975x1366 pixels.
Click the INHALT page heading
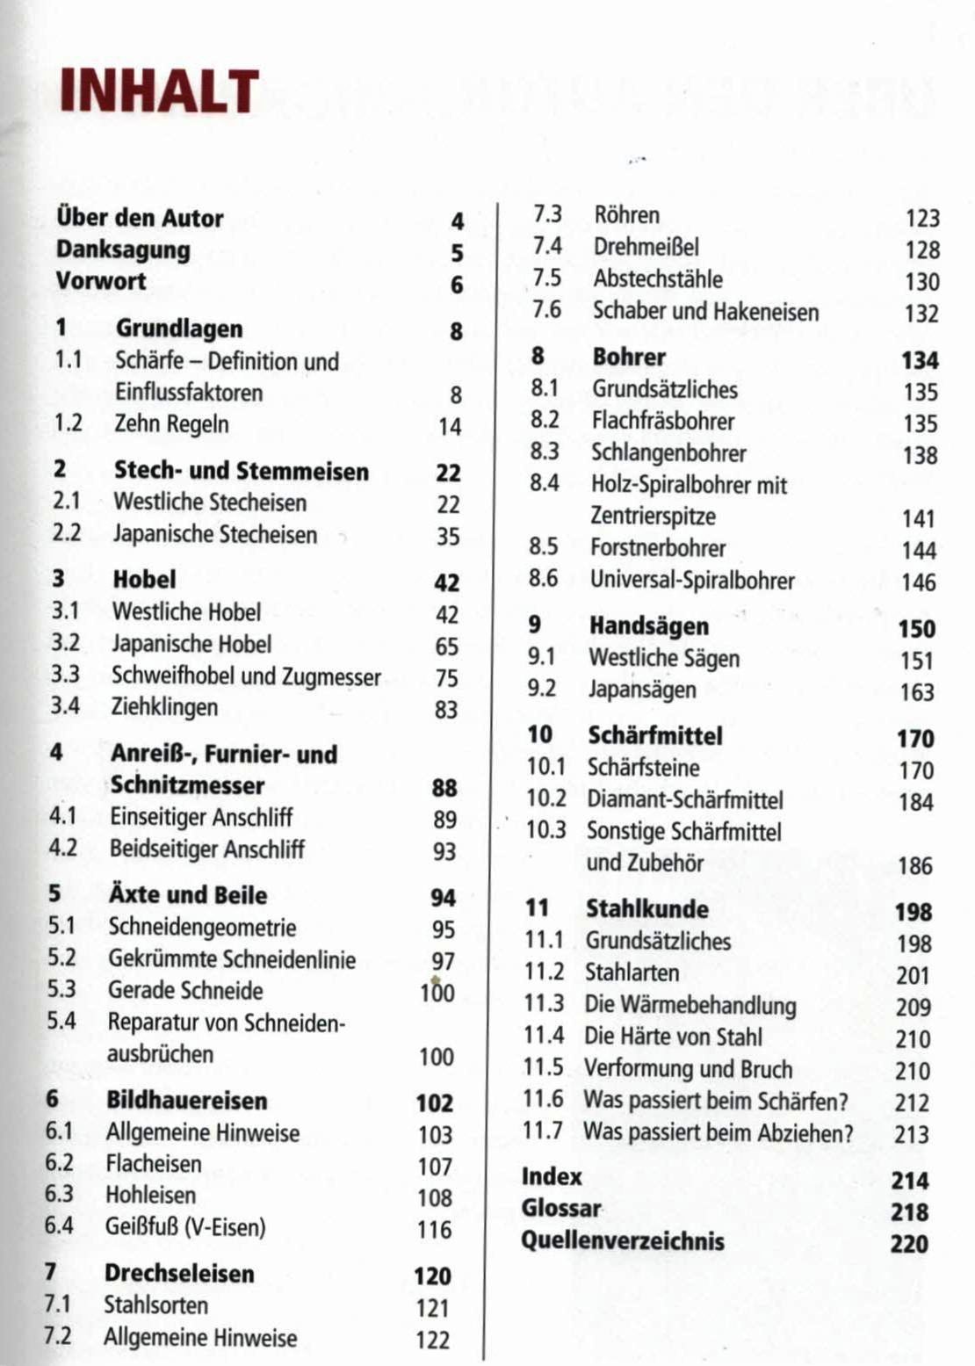click(x=159, y=91)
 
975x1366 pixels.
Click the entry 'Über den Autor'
click(x=140, y=218)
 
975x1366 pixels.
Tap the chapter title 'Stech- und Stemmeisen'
click(x=242, y=471)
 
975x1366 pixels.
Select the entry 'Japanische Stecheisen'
click(x=215, y=534)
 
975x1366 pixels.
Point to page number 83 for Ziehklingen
click(x=446, y=709)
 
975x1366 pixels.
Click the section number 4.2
click(x=63, y=849)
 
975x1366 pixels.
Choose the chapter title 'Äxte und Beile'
click(x=188, y=895)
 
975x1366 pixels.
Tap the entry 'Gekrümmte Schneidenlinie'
click(x=232, y=958)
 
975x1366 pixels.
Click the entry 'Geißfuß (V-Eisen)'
click(x=185, y=1226)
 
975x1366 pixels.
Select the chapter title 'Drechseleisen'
click(x=179, y=1273)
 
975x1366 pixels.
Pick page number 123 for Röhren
click(x=922, y=218)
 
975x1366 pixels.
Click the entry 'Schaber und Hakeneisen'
click(x=705, y=311)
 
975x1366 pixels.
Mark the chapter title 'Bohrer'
click(x=629, y=357)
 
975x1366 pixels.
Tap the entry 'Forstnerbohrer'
click(x=658, y=548)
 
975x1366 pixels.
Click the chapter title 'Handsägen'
click(x=649, y=625)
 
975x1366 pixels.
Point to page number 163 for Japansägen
click(x=916, y=692)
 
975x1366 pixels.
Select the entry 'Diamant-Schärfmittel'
click(x=685, y=799)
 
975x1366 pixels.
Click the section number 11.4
click(x=544, y=1036)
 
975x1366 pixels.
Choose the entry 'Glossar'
click(x=561, y=1209)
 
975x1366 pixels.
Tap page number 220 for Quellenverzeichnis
click(x=908, y=1244)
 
